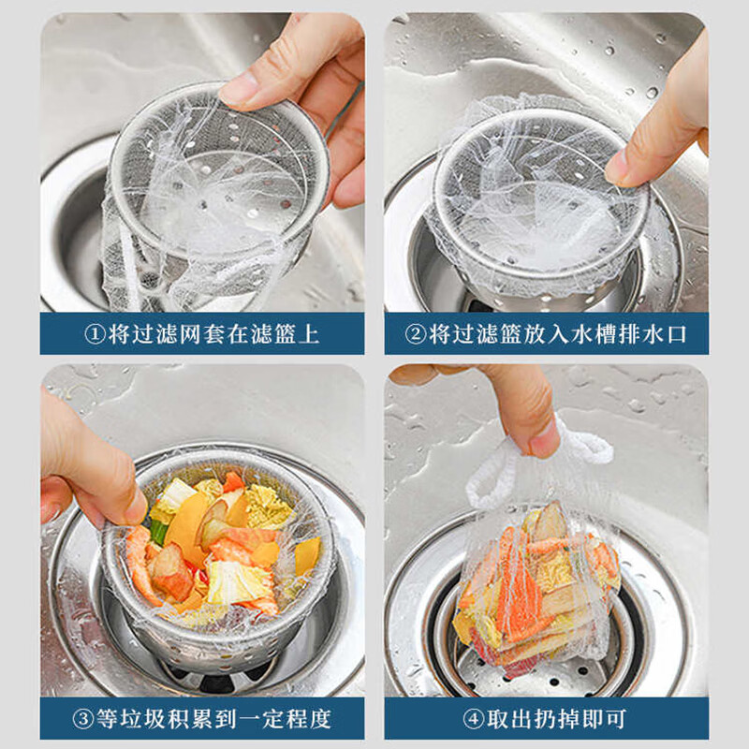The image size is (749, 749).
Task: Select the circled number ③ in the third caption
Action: (83, 720)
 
